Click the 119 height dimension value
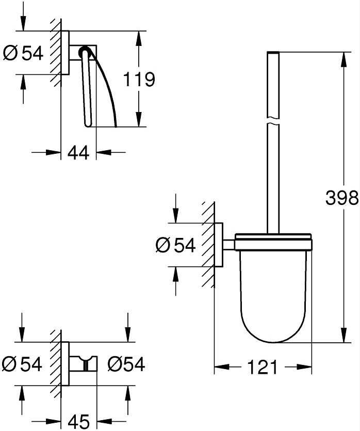click(139, 79)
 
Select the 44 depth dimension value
click(78, 153)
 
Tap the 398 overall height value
click(342, 198)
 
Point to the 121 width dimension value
click(263, 367)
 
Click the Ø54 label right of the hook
click(126, 364)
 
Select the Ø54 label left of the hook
click(22, 364)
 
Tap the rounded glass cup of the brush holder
click(273, 297)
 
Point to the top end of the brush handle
click(273, 52)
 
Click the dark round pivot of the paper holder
click(84, 52)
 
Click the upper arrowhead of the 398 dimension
click(343, 59)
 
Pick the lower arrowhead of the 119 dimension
click(139, 119)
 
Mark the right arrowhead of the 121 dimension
click(304, 366)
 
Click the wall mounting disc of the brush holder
click(219, 245)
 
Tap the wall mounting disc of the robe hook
click(65, 364)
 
